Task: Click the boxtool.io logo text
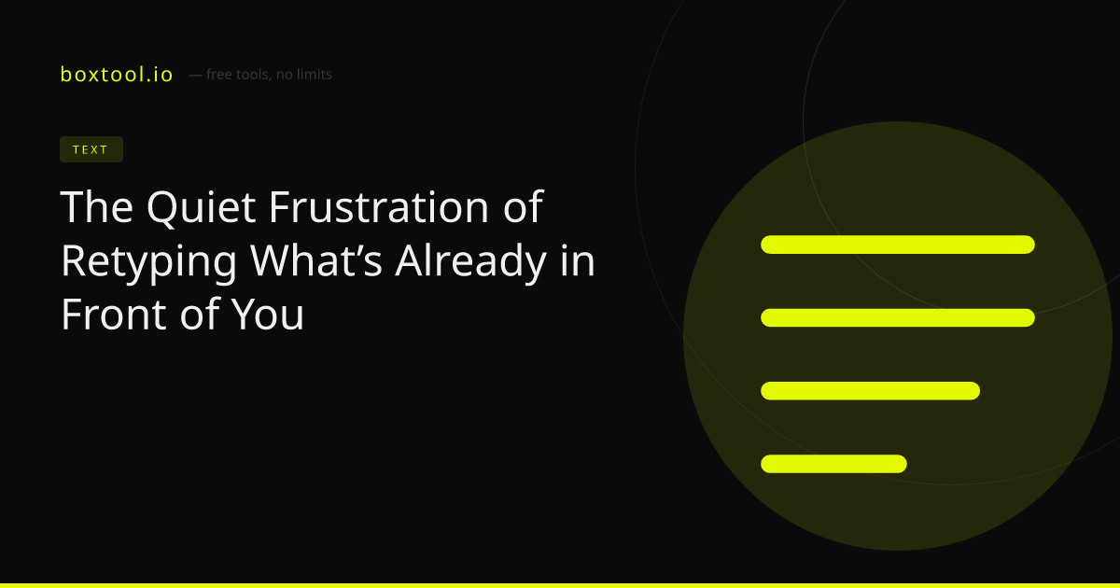117,75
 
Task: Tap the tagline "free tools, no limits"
269,75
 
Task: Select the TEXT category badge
91,149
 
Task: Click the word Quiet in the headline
202,207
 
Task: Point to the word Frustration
380,206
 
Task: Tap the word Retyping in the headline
149,262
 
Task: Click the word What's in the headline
316,260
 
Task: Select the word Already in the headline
471,262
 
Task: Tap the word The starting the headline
97,206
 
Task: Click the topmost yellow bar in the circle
898,245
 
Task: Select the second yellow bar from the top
898,317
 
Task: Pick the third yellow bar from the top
870,391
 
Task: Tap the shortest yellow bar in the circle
833,464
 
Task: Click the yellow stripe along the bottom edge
560,585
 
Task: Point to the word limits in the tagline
311,75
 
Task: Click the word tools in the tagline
253,75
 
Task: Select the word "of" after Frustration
523,206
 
